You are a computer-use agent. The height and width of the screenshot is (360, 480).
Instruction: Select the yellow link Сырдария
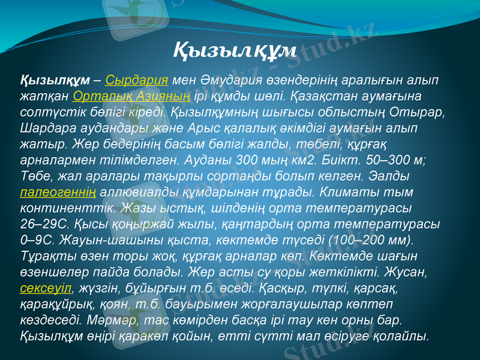tap(136, 81)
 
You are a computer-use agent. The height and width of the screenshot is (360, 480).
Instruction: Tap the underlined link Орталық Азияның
tap(131, 96)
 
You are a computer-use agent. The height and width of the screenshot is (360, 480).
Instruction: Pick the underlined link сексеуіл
tap(46, 287)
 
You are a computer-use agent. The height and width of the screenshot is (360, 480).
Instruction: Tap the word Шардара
tap(46, 128)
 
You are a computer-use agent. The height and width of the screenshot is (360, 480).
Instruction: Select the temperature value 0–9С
tap(37, 240)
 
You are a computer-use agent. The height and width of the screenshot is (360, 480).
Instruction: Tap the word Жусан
tap(408, 272)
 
